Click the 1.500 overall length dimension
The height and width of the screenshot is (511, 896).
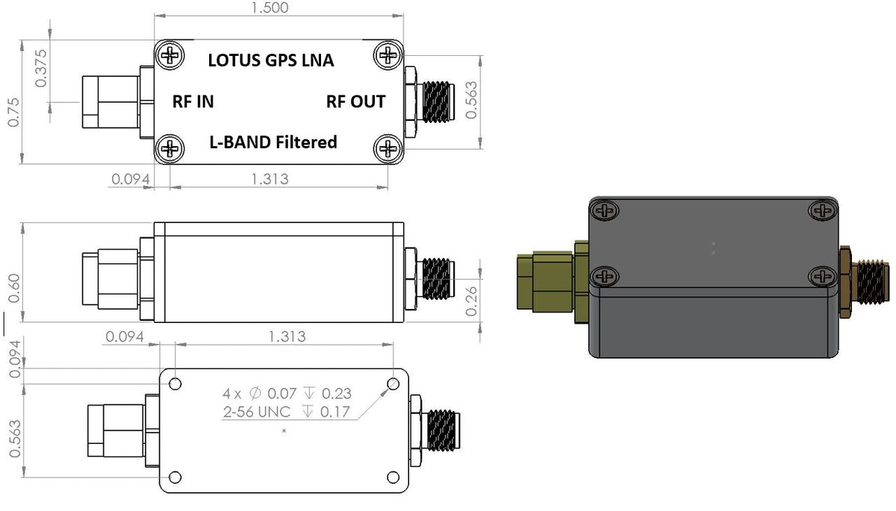(x=271, y=7)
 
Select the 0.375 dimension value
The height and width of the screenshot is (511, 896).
(x=41, y=68)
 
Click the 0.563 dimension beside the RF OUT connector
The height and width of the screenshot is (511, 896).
(x=470, y=100)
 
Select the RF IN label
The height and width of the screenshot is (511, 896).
(x=193, y=102)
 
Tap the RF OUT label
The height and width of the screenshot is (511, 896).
(x=355, y=102)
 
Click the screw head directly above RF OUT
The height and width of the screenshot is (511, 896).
(x=388, y=54)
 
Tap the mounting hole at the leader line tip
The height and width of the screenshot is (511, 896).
(x=393, y=384)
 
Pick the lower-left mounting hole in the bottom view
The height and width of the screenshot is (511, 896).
(x=175, y=477)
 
